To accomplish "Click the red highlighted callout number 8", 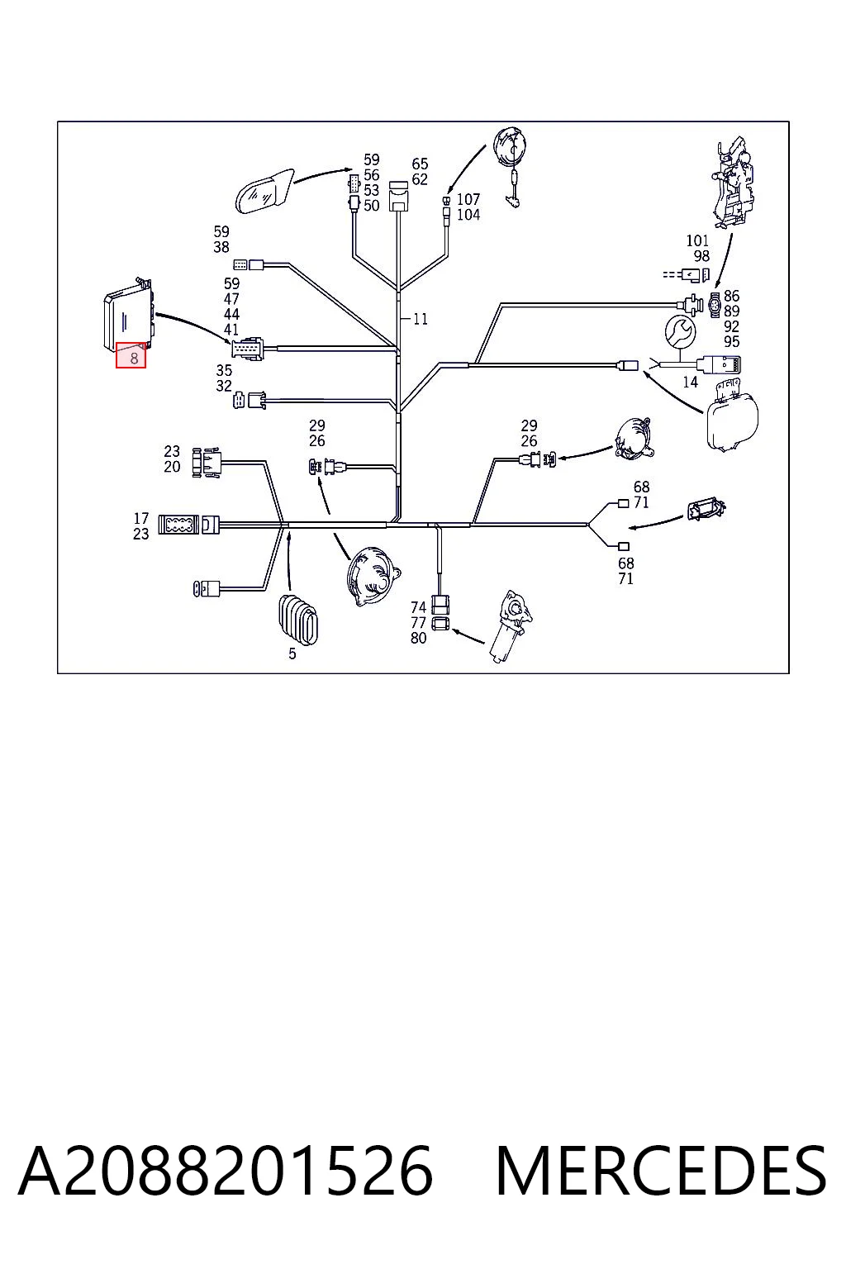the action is click(x=131, y=355).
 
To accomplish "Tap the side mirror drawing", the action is click(x=264, y=190).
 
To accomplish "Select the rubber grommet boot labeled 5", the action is click(x=298, y=620).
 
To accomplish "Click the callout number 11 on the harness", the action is click(x=420, y=319).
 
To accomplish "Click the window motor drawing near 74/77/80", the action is click(x=510, y=625).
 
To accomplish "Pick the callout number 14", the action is click(x=690, y=383).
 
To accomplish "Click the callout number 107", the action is click(x=468, y=199).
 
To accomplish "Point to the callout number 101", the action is click(x=697, y=240).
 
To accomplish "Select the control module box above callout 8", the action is click(x=129, y=315).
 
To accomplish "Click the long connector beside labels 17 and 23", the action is click(x=188, y=525).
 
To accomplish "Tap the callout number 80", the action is click(x=418, y=638).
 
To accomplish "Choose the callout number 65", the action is click(x=420, y=164).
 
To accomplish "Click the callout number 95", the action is click(x=731, y=341).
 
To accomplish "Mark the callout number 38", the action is click(x=221, y=247).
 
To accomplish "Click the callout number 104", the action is click(x=468, y=215).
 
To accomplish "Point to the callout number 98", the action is click(x=701, y=256).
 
